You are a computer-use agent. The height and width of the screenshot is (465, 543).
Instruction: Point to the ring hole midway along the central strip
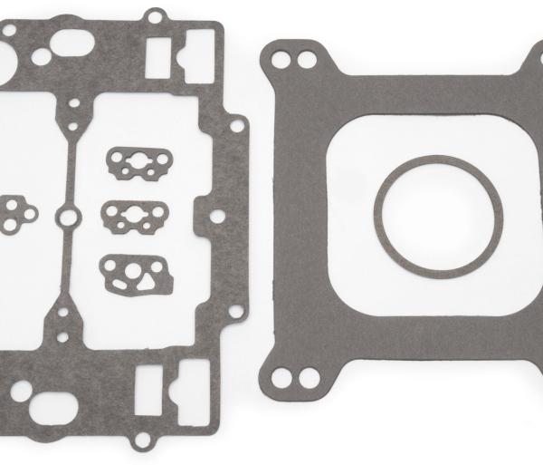65,216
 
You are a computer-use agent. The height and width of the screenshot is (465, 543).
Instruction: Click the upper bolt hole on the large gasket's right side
236,126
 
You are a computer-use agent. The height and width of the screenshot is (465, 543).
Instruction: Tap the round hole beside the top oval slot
40,57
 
